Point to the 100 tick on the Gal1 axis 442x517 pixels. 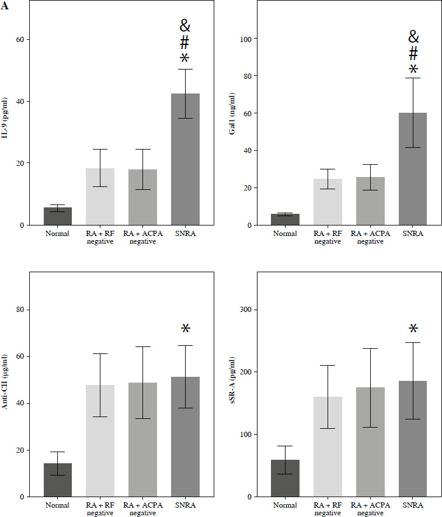(252, 39)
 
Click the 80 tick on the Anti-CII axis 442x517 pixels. (26, 310)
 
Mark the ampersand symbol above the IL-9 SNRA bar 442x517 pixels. (185, 26)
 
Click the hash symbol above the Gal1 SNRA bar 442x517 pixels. (413, 54)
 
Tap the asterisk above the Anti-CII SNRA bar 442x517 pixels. (185, 329)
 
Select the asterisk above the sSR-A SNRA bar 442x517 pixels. (413, 329)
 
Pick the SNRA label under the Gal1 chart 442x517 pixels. (413, 234)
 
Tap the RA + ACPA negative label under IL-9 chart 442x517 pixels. (142, 237)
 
